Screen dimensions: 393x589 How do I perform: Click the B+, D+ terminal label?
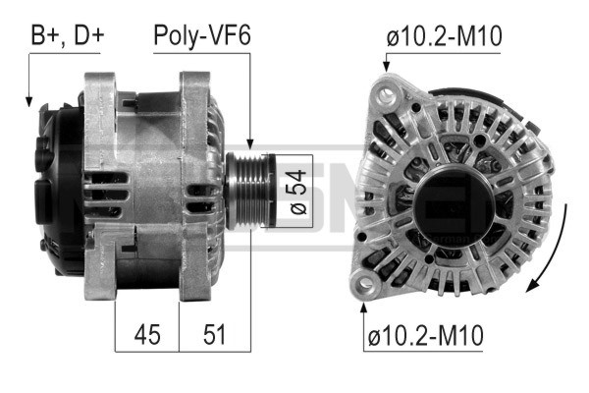coord(67,35)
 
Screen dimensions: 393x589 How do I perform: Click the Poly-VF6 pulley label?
coord(202,35)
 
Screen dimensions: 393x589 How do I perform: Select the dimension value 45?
coord(147,334)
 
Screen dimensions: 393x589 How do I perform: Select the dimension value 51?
coord(214,334)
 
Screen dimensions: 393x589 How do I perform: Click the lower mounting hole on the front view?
coord(366,286)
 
